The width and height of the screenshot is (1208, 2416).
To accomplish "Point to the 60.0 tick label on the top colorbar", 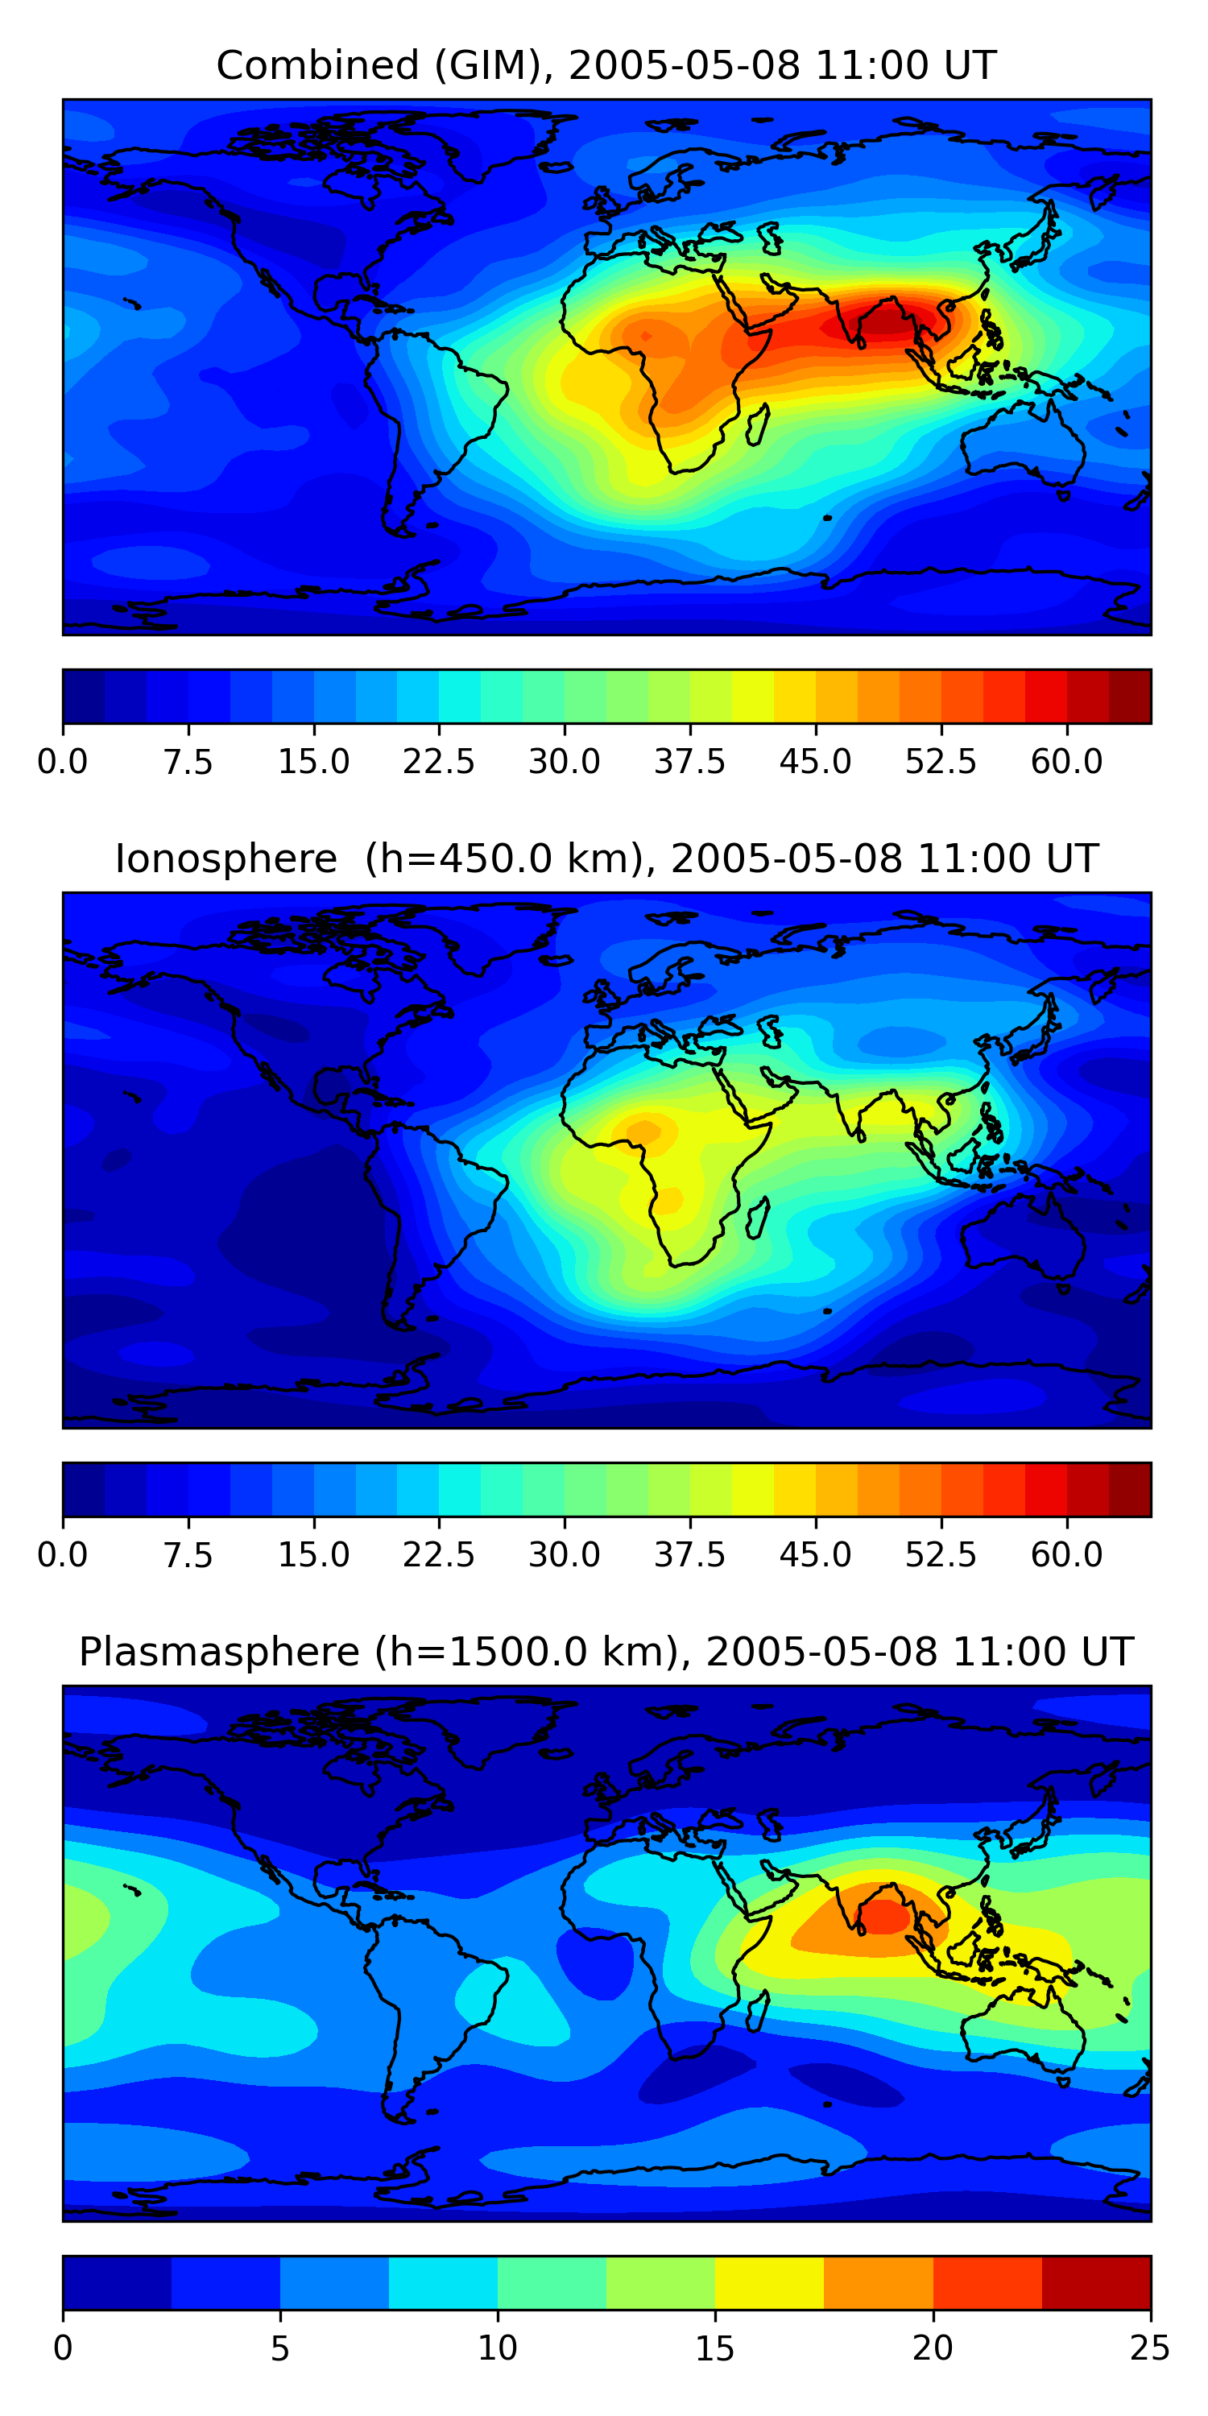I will point(1066,762).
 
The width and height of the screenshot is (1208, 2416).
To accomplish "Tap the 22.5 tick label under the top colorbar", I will point(439,762).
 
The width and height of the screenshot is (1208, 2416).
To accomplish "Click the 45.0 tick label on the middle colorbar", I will point(815,1555).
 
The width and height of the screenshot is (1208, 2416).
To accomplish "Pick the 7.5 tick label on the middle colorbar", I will point(188,1555).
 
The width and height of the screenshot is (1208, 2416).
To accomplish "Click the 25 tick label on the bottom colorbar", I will point(1150,2348).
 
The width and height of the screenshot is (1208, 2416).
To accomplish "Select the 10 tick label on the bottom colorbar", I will point(497,2348).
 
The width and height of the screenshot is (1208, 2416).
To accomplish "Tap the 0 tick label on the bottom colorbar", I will point(63,2348).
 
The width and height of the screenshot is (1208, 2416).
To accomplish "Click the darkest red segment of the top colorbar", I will point(1129,697).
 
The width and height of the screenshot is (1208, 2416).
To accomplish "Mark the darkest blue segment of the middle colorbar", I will point(84,1489).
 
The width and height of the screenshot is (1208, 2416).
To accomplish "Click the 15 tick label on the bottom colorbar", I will point(714,2348).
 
